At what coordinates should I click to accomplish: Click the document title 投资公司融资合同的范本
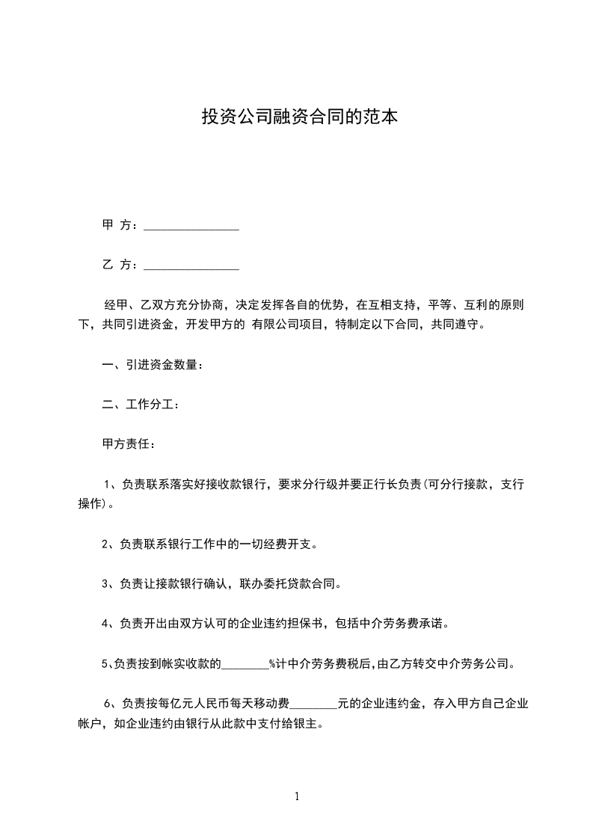[x=297, y=117]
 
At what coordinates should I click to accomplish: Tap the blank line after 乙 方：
[x=191, y=265]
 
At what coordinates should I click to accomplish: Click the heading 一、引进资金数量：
[x=152, y=365]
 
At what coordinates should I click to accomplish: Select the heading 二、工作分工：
[x=140, y=405]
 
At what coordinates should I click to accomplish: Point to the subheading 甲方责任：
[x=128, y=444]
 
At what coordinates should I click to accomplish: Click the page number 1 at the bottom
[x=297, y=797]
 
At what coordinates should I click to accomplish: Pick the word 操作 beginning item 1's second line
[x=90, y=503]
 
